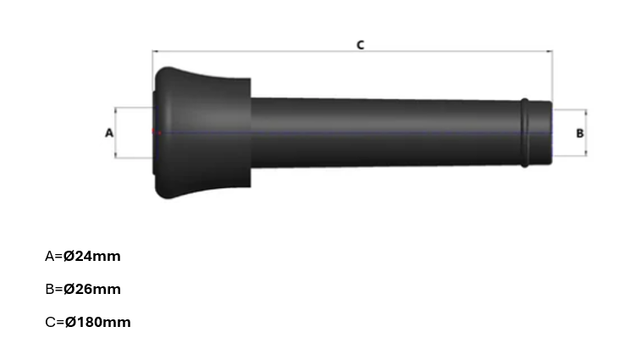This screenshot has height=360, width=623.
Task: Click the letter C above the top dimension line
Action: point(360,44)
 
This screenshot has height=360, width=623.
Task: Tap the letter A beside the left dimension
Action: point(108,132)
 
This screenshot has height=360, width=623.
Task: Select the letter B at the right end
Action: point(579,133)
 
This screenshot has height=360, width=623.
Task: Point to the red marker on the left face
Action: point(155,132)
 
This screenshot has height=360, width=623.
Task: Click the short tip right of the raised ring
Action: point(540,133)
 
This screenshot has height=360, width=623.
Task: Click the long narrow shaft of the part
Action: point(381,133)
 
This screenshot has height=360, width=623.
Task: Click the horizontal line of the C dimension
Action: point(254,52)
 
